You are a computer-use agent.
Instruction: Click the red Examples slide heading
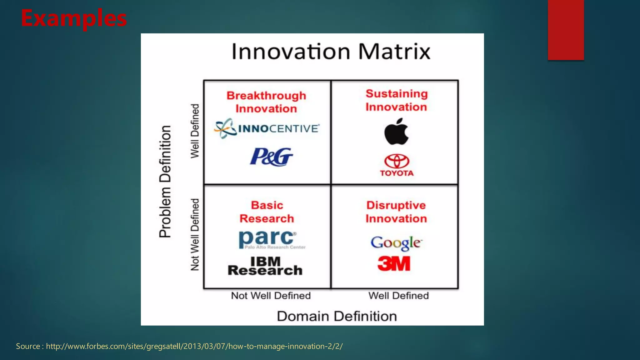[x=74, y=18]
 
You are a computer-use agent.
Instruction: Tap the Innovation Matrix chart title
[x=331, y=52]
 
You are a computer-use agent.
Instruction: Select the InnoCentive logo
[x=267, y=128]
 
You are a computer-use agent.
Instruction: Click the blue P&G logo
[x=271, y=157]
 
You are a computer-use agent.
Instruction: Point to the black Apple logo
[x=396, y=132]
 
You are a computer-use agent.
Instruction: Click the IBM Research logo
[x=265, y=266]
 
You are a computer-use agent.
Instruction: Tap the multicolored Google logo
[x=396, y=243]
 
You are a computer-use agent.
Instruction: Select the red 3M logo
[x=394, y=263]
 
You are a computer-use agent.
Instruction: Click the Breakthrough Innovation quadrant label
[x=266, y=102]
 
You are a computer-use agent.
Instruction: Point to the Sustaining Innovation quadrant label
[x=397, y=100]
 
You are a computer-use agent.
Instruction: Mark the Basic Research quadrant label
[x=267, y=212]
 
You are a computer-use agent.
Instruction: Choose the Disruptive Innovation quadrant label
[x=396, y=212]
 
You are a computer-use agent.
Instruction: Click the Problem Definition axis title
[x=165, y=182]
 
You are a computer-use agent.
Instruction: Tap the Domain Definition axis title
[x=337, y=316]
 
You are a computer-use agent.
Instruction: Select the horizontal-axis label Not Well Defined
[x=271, y=296]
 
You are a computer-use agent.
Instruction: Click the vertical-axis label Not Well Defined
[x=195, y=234]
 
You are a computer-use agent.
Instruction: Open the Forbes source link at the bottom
[x=194, y=346]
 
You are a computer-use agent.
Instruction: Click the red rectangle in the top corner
[x=566, y=30]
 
